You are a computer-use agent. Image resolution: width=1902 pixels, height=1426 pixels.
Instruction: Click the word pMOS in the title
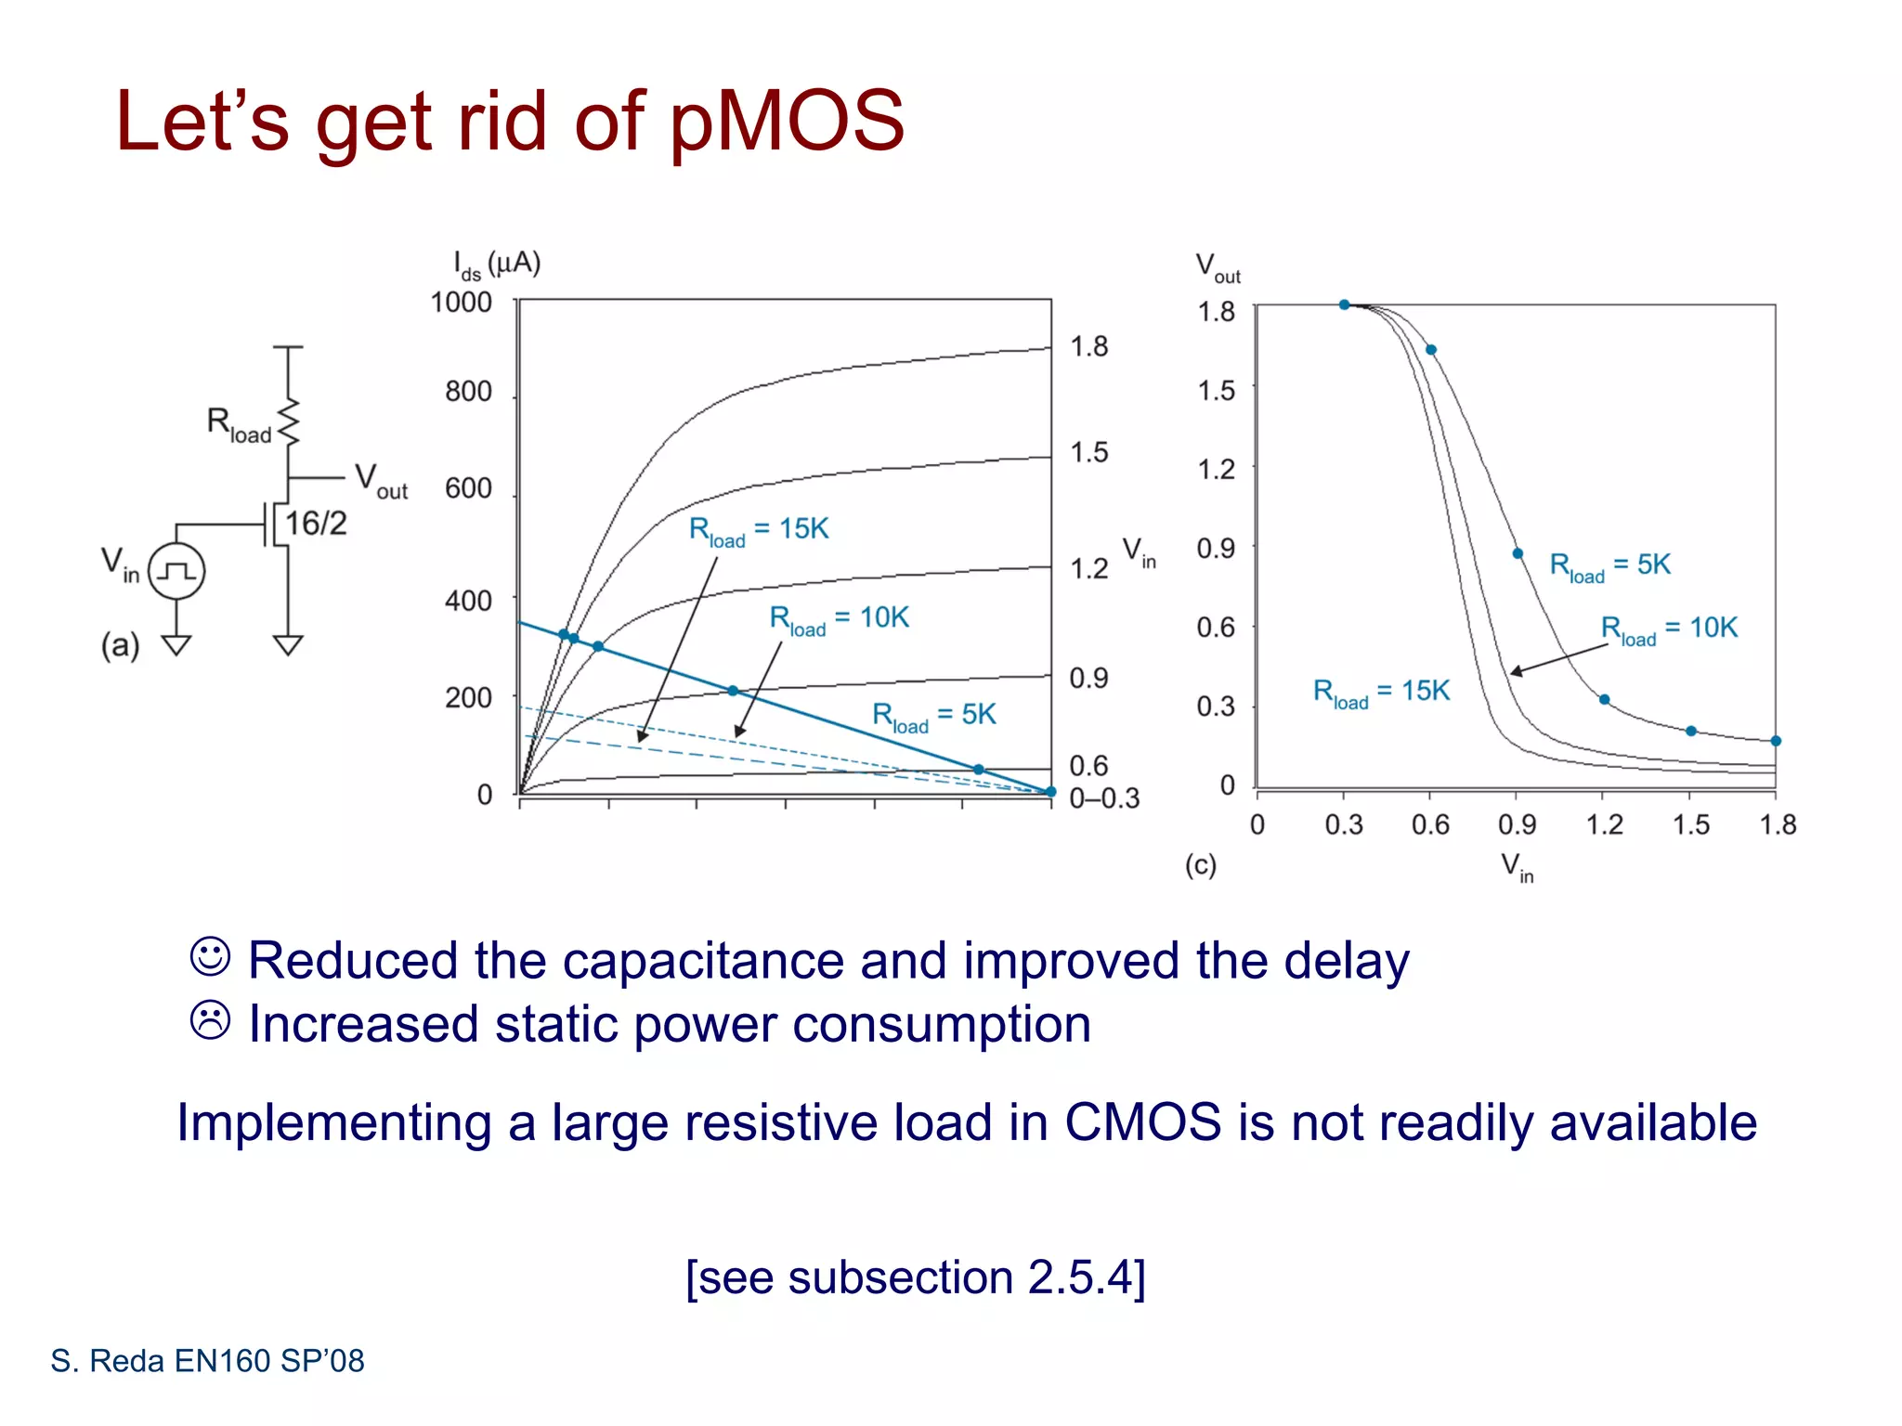[x=786, y=122]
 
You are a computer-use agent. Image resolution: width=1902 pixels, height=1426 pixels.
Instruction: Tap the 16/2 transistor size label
[x=315, y=524]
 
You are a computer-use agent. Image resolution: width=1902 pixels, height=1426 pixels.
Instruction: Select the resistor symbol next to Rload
[x=290, y=423]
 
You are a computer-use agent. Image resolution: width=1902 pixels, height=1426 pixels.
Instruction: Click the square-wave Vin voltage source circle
[x=176, y=571]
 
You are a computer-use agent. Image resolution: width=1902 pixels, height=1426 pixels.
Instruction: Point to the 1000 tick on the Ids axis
[x=461, y=303]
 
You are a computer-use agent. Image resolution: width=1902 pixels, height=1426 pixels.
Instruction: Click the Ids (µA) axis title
[x=496, y=265]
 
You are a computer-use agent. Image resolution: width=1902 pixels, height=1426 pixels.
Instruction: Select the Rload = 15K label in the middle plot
[x=758, y=530]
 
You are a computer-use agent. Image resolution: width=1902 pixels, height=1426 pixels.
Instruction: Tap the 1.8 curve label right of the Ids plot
[x=1088, y=347]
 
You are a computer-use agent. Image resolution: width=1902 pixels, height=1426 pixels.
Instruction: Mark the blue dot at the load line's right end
[x=1050, y=792]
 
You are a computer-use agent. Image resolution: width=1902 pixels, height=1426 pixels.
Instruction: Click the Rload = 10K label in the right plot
[x=1668, y=629]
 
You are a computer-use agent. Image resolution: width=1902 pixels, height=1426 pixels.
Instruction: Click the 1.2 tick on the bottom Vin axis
[x=1604, y=824]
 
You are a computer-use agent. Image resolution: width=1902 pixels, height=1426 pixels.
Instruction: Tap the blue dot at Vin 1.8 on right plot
[x=1775, y=741]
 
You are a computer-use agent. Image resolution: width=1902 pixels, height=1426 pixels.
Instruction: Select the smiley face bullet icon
[x=210, y=956]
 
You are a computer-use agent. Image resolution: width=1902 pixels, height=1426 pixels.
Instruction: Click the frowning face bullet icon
[x=210, y=1020]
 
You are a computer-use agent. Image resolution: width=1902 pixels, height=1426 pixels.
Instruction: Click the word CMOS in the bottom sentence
[x=1141, y=1122]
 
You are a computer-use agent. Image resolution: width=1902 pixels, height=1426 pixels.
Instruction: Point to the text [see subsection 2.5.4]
[x=915, y=1277]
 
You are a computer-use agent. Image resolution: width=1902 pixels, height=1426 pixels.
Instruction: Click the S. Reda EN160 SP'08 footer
[x=207, y=1361]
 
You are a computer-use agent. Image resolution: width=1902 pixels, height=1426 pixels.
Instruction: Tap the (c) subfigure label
[x=1200, y=865]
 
